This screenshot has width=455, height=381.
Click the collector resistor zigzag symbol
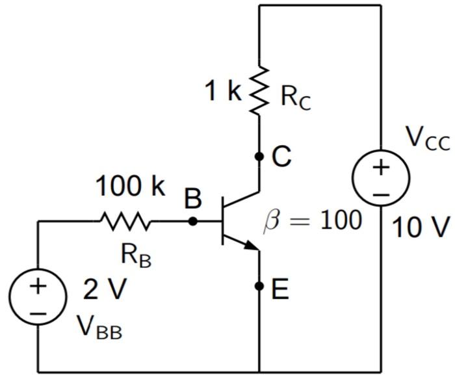259,91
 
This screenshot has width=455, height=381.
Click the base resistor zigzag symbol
125,222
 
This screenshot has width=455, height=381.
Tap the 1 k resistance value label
223,91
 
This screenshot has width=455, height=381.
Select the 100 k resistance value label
131,187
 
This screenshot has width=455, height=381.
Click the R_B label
136,256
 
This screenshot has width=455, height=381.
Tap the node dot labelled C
259,157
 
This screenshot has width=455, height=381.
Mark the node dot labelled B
192,222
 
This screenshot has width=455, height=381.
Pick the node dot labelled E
259,286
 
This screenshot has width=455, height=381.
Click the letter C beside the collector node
281,157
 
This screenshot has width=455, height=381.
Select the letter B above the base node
192,199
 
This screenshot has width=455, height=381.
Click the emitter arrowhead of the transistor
252,246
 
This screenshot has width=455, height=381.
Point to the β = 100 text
311,220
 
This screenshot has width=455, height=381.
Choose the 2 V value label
103,290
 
